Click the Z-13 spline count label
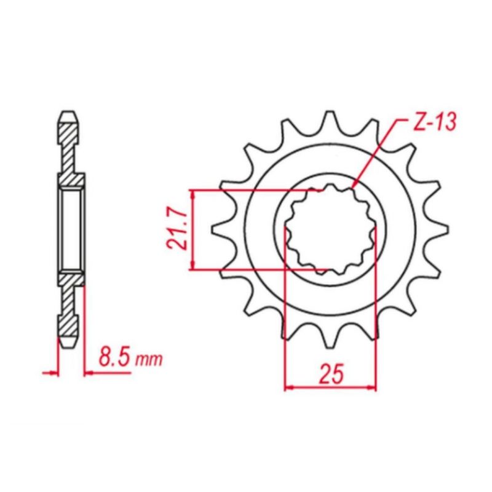(433, 123)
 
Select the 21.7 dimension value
(178, 230)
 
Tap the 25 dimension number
(330, 374)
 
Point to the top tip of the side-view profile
(70, 114)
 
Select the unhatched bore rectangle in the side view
(70, 230)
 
